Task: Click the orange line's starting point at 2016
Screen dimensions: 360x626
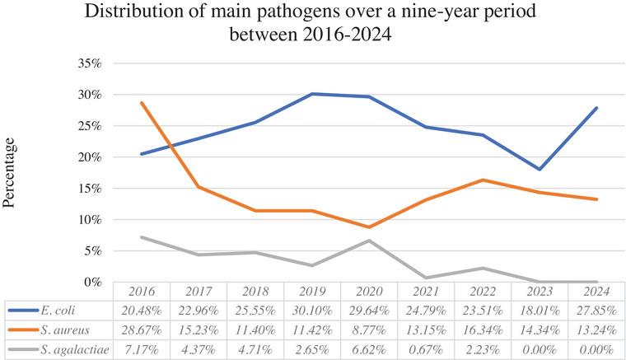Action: tap(141, 103)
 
